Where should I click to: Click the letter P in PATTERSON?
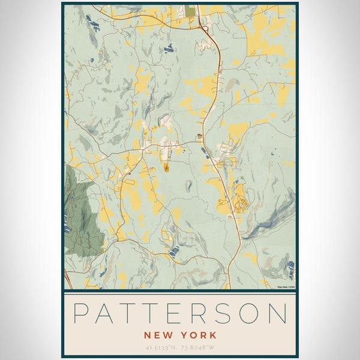pyautogui.click(x=82, y=314)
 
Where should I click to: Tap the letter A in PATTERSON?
pyautogui.click(x=107, y=314)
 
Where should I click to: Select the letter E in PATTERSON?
pyautogui.click(x=179, y=314)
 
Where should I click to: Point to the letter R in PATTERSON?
pyautogui.click(x=203, y=314)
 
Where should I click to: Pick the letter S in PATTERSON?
pyautogui.click(x=226, y=314)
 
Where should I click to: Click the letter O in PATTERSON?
pyautogui.click(x=251, y=314)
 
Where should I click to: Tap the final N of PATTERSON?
pyautogui.click(x=278, y=314)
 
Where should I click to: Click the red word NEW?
pyautogui.click(x=157, y=335)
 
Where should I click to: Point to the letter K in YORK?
pyautogui.click(x=212, y=335)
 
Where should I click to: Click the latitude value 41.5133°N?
pyautogui.click(x=162, y=347)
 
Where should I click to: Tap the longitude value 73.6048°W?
pyautogui.click(x=199, y=347)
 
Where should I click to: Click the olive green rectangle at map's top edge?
pyautogui.click(x=190, y=11)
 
